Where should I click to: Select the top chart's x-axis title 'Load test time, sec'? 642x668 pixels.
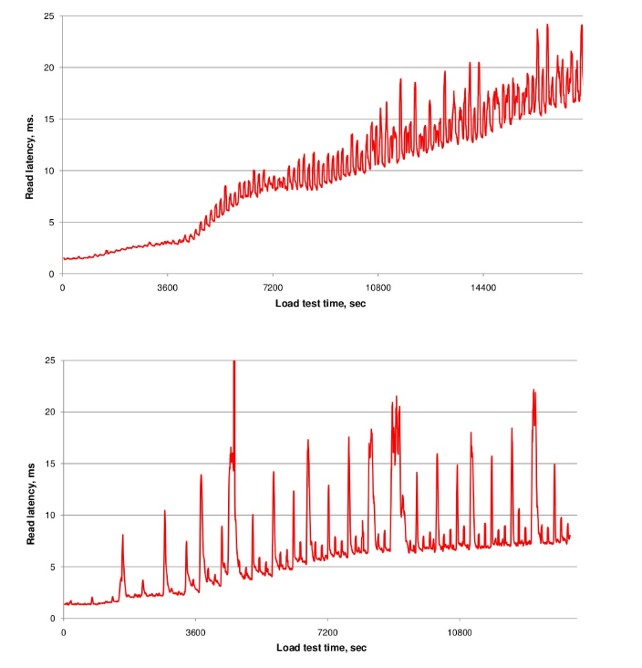click(x=319, y=302)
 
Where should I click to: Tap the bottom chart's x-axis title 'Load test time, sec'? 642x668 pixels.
click(x=320, y=647)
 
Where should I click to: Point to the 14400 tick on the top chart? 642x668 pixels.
click(x=483, y=287)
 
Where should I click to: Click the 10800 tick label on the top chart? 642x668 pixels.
click(x=378, y=287)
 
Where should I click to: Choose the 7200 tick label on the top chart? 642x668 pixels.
click(x=273, y=287)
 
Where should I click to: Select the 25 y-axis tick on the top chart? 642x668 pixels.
click(x=49, y=16)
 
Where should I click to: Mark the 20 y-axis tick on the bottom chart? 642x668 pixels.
click(x=49, y=412)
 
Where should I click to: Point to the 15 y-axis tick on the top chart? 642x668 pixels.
click(x=49, y=119)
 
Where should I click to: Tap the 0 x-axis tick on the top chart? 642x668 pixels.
click(x=62, y=287)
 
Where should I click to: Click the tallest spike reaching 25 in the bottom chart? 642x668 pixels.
click(x=234, y=363)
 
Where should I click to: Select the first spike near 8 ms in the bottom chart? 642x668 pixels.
click(x=122, y=537)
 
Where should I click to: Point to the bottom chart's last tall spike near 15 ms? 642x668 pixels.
click(x=554, y=465)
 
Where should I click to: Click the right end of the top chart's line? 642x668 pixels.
click(x=582, y=26)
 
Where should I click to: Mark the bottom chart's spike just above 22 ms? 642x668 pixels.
click(x=533, y=391)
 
